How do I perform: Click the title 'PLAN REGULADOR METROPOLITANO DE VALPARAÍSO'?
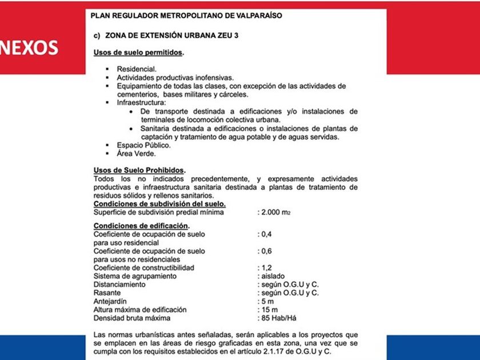click(186, 15)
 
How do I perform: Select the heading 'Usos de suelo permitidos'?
click(138, 53)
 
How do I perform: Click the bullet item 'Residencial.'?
click(137, 69)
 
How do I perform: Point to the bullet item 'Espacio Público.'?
click(143, 145)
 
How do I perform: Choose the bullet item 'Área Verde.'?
click(137, 153)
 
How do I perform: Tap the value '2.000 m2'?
click(275, 212)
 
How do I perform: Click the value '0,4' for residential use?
click(266, 234)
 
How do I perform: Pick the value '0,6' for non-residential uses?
click(266, 251)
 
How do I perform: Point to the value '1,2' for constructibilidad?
click(266, 267)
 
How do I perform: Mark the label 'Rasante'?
click(106, 293)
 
